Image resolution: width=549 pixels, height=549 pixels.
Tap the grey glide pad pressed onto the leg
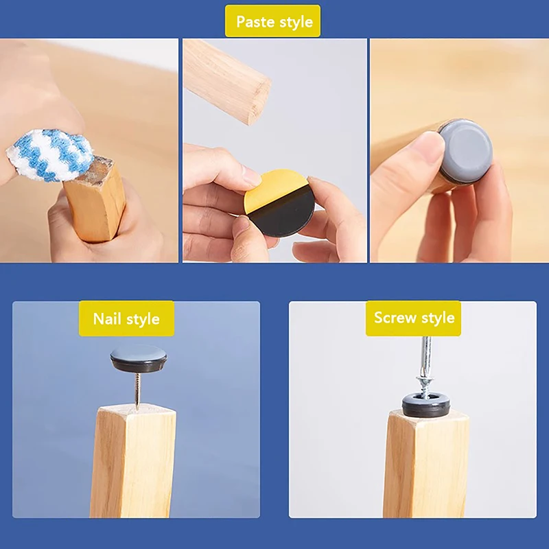pyautogui.click(x=467, y=151)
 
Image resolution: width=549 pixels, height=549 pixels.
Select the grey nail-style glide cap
pyautogui.click(x=139, y=358)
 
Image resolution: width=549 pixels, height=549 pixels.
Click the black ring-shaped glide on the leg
pyautogui.click(x=426, y=406)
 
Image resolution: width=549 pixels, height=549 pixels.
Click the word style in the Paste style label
pyautogui.click(x=296, y=21)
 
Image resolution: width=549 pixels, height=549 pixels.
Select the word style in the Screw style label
pyautogui.click(x=437, y=318)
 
